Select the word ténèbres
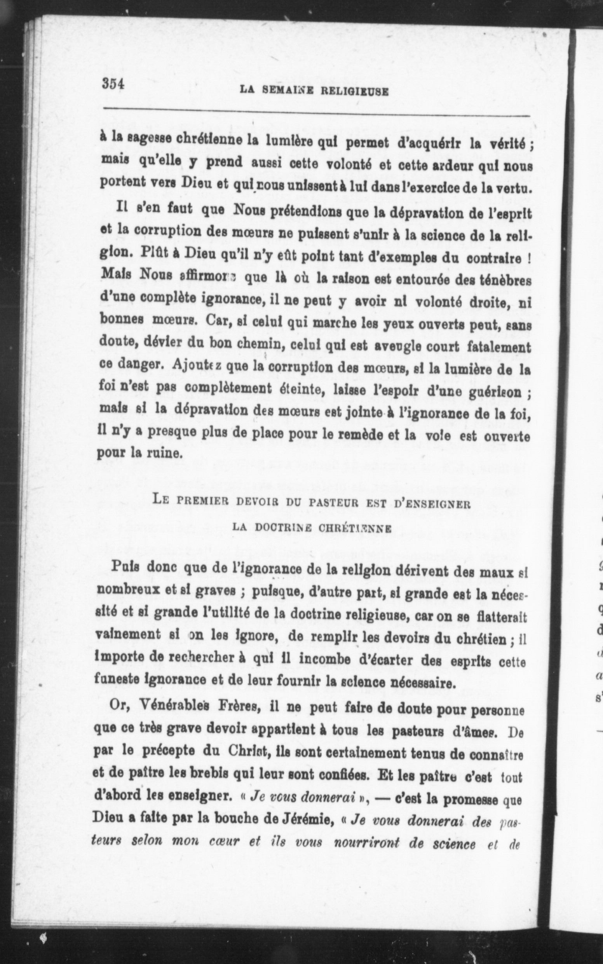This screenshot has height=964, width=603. [x=504, y=280]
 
